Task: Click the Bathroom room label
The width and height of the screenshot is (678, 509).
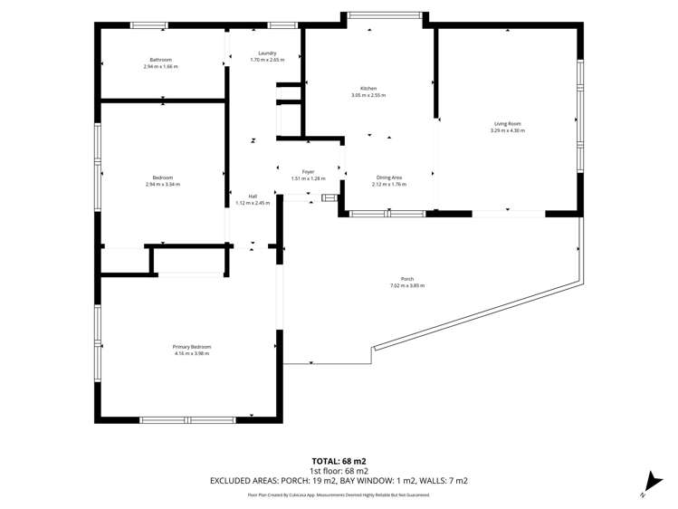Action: click(160, 60)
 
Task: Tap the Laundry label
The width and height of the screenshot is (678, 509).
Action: click(267, 53)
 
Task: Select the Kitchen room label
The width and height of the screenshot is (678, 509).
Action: click(368, 89)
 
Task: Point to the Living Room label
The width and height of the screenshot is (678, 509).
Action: click(507, 123)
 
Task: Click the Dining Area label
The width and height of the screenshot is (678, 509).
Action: click(389, 178)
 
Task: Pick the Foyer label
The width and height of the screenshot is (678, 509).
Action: click(308, 171)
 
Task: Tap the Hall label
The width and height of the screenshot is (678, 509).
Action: click(253, 196)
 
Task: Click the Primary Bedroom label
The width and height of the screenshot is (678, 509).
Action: click(192, 347)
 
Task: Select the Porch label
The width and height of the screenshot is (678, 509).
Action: click(407, 279)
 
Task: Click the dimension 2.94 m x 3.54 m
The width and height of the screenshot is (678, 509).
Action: click(163, 185)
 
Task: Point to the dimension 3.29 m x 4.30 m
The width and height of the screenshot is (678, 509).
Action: click(507, 130)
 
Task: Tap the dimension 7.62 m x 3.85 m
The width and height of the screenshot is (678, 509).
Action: click(407, 285)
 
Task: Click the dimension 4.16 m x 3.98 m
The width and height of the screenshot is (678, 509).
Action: click(192, 353)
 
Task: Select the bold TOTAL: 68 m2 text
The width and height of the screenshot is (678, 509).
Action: click(339, 461)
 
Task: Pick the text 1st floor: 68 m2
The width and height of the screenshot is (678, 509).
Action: click(339, 471)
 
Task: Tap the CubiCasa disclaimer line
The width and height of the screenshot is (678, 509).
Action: click(339, 495)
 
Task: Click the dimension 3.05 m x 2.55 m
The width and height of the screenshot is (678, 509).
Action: click(368, 95)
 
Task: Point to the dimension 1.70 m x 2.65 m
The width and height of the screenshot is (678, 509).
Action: click(267, 60)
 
